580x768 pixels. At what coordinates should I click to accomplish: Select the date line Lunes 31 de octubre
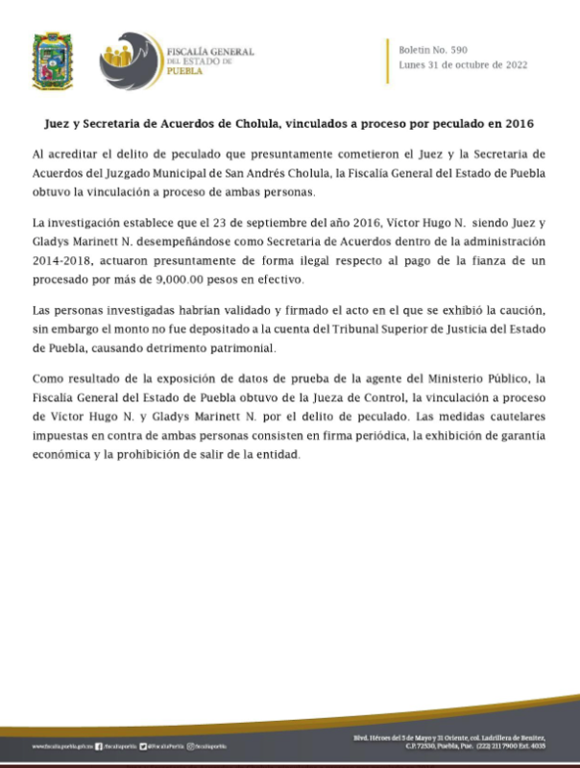(462, 64)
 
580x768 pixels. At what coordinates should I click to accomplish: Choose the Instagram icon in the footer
(191, 746)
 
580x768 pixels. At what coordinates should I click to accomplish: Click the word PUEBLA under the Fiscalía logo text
(185, 70)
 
